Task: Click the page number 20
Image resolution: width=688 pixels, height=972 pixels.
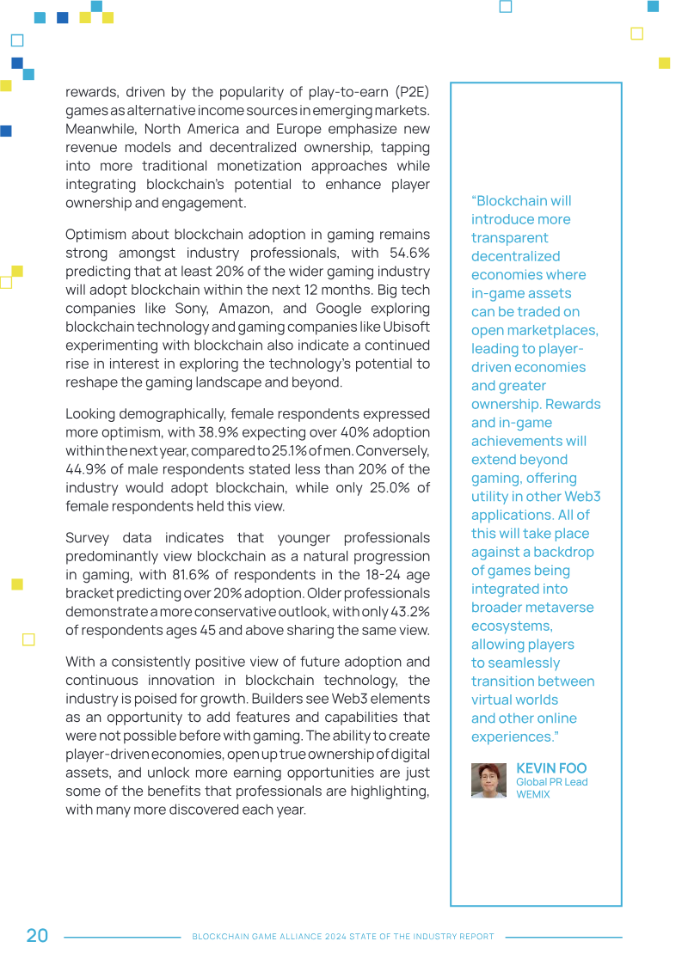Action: point(37,936)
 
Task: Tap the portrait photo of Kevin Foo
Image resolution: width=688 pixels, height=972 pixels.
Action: point(488,780)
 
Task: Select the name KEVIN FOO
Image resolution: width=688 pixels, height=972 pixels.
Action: point(551,768)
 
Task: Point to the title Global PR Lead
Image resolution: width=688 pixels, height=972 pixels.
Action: point(551,782)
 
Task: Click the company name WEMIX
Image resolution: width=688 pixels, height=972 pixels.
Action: point(533,794)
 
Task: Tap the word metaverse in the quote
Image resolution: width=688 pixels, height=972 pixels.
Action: point(563,608)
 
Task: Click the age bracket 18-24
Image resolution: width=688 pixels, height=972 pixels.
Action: point(363,575)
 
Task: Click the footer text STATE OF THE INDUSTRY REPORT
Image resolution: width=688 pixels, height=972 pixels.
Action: point(418,937)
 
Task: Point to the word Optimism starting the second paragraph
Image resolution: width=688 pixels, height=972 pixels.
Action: point(95,235)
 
